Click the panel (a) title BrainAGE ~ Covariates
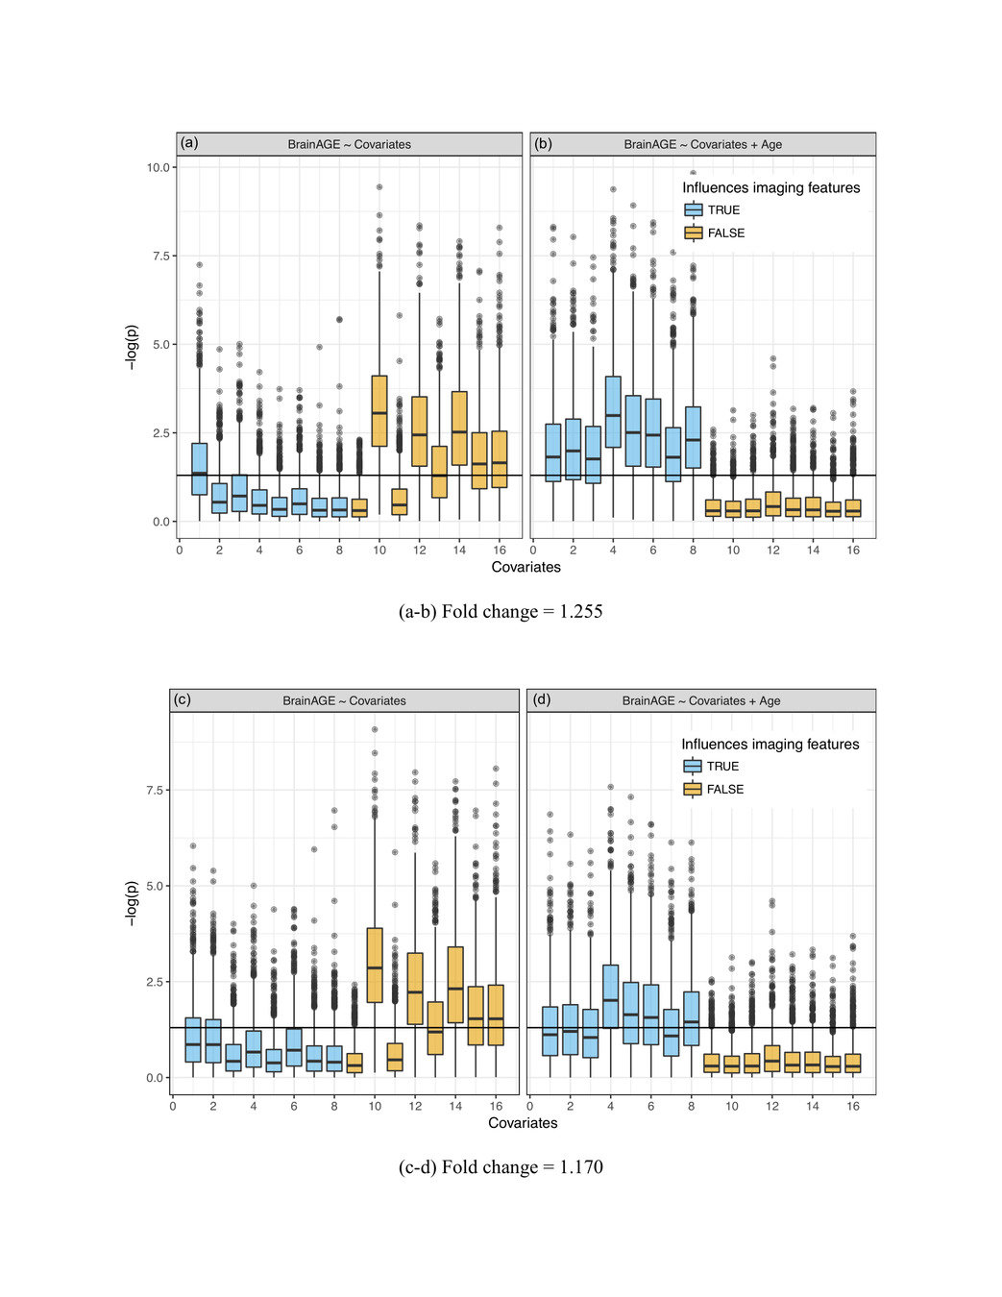click(x=349, y=144)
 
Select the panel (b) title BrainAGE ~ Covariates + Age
click(x=702, y=144)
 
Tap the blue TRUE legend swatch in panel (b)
click(x=694, y=209)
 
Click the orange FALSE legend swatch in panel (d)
click(x=693, y=789)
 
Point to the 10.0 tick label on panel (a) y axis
click(x=158, y=167)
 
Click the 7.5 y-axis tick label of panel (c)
click(x=155, y=790)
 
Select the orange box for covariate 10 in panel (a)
click(x=379, y=410)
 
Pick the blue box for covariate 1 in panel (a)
click(x=199, y=469)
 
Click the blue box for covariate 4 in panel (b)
click(x=613, y=411)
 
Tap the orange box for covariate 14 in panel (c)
click(x=455, y=985)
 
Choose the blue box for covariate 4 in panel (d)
click(x=610, y=996)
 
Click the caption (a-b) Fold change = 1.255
click(x=501, y=612)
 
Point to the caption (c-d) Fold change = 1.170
click(x=501, y=1167)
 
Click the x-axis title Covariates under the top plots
click(x=525, y=567)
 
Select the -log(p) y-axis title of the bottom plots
click(x=132, y=902)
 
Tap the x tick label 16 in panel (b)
click(x=853, y=550)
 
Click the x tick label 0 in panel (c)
click(x=173, y=1106)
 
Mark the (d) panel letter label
click(x=542, y=699)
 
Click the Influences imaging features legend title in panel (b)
click(x=770, y=188)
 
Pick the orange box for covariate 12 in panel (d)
click(x=772, y=1059)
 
